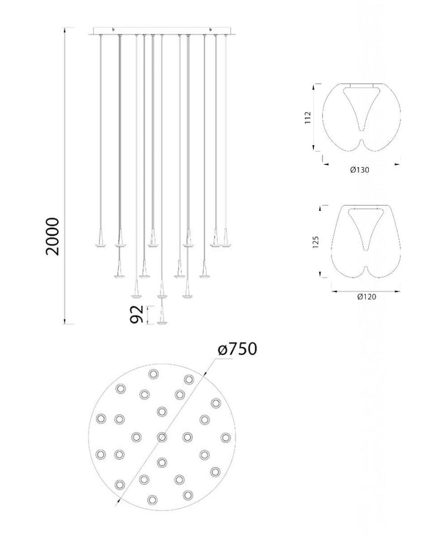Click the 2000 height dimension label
(52, 237)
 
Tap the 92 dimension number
(136, 314)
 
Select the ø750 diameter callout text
(238, 349)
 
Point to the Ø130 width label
(359, 170)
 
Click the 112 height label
(308, 117)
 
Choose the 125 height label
(315, 242)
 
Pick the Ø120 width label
(367, 297)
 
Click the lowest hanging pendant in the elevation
(162, 315)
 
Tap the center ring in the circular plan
(162, 437)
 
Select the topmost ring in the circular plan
(153, 374)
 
